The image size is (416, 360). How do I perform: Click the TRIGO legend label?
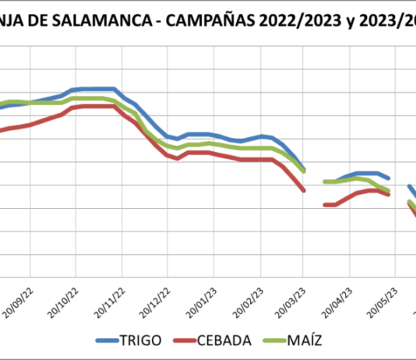pos(142,341)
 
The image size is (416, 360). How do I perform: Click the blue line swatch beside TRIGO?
pos(107,341)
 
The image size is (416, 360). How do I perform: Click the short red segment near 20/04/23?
pos(330,205)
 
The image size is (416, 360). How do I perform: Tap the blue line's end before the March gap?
pos(304,169)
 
